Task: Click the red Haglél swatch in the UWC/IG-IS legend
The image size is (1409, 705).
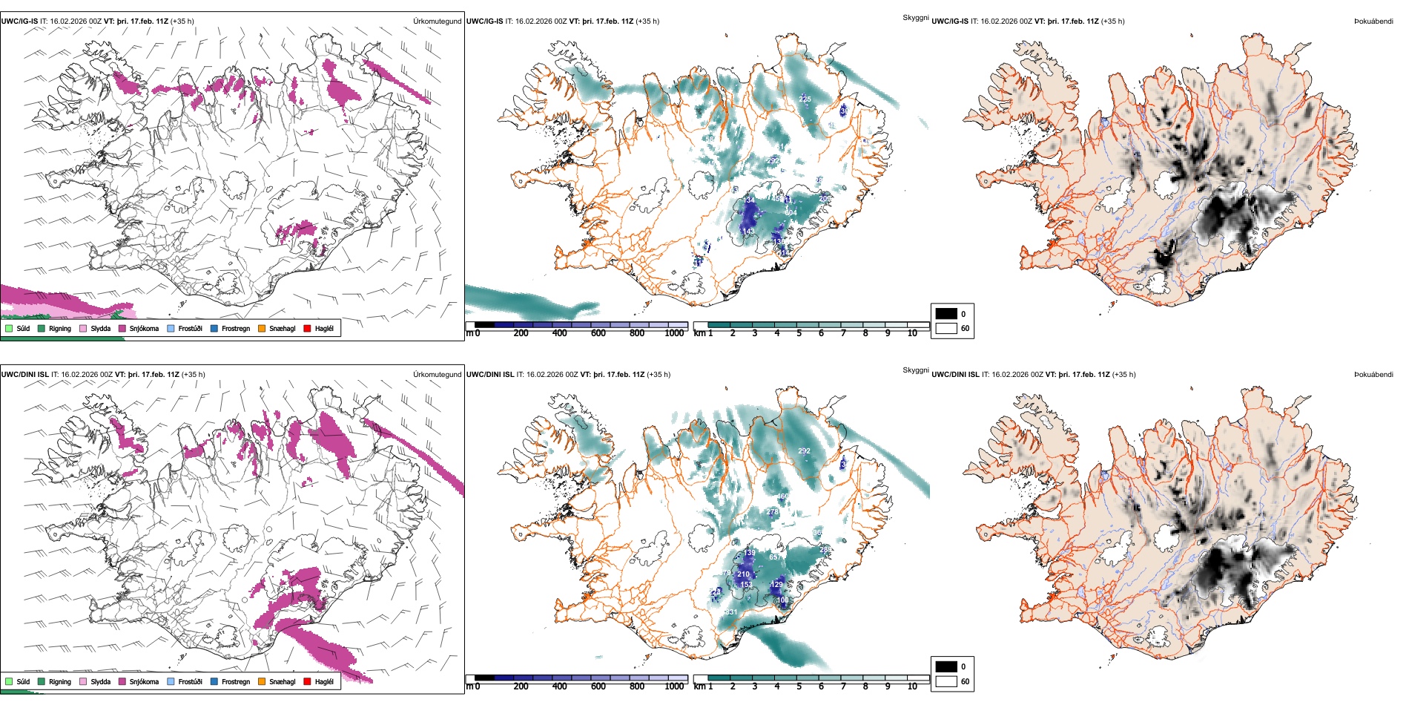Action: pos(307,328)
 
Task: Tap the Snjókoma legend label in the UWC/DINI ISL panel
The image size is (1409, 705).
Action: pos(144,681)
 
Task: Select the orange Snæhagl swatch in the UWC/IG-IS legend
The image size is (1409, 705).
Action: pos(262,328)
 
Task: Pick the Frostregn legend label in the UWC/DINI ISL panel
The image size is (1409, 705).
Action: pos(236,681)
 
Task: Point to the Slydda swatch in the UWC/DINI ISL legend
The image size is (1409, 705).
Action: pos(83,681)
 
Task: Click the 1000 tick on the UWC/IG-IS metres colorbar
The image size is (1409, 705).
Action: pos(674,333)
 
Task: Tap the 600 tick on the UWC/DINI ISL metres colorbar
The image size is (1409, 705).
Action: pos(598,686)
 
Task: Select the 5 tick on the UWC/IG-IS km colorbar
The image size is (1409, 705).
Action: pos(799,333)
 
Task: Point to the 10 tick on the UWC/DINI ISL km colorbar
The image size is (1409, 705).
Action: pos(912,686)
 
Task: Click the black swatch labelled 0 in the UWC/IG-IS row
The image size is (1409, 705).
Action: pos(946,314)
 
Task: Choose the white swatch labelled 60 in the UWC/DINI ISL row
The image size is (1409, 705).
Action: pos(946,681)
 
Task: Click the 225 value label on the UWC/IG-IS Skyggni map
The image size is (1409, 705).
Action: pos(805,99)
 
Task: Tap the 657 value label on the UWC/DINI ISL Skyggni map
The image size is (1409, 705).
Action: pos(775,557)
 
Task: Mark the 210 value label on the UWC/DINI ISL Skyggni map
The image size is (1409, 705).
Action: pos(743,574)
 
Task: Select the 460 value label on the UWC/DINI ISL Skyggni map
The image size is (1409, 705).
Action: pos(782,496)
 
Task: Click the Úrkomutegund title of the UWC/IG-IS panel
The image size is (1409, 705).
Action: pos(437,22)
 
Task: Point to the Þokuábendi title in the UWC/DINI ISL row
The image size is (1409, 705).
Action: pos(1373,375)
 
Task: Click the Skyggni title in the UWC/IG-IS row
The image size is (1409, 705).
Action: pos(915,18)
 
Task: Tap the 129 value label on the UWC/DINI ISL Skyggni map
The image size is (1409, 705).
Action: pos(776,585)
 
